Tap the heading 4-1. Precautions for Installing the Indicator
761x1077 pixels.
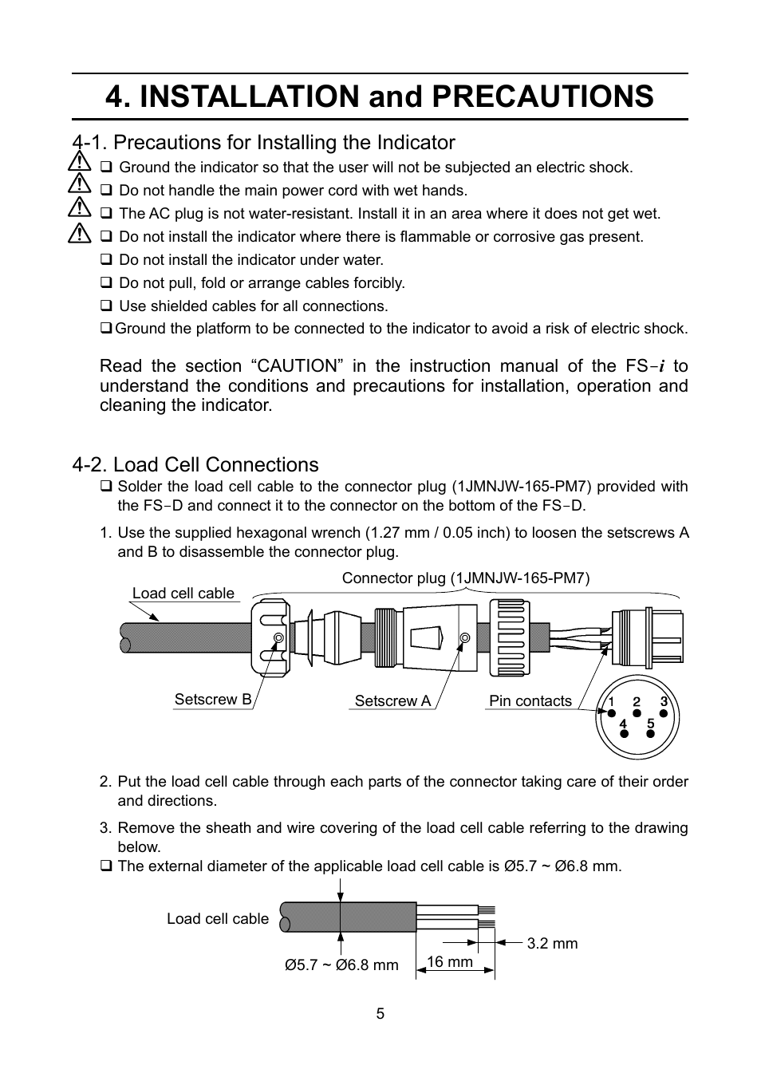[263, 143]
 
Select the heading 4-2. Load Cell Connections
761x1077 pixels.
[195, 465]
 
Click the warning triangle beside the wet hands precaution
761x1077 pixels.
[79, 186]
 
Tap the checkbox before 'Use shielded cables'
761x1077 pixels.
[106, 306]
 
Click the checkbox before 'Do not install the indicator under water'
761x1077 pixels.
[106, 260]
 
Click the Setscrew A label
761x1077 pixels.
[392, 701]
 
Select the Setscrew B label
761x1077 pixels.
[213, 700]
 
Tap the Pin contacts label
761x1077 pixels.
[530, 701]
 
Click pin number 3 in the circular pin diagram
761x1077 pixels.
[664, 702]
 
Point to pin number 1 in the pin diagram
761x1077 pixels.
[610, 702]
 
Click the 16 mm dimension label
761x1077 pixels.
[450, 962]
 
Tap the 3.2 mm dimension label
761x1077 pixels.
[552, 944]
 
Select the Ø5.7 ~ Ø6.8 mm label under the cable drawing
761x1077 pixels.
[341, 965]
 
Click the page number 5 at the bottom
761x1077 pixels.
[380, 1014]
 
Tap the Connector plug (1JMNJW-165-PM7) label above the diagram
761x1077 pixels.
[466, 578]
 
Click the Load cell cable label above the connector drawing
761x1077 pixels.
[183, 594]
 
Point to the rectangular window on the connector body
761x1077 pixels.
[426, 638]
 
